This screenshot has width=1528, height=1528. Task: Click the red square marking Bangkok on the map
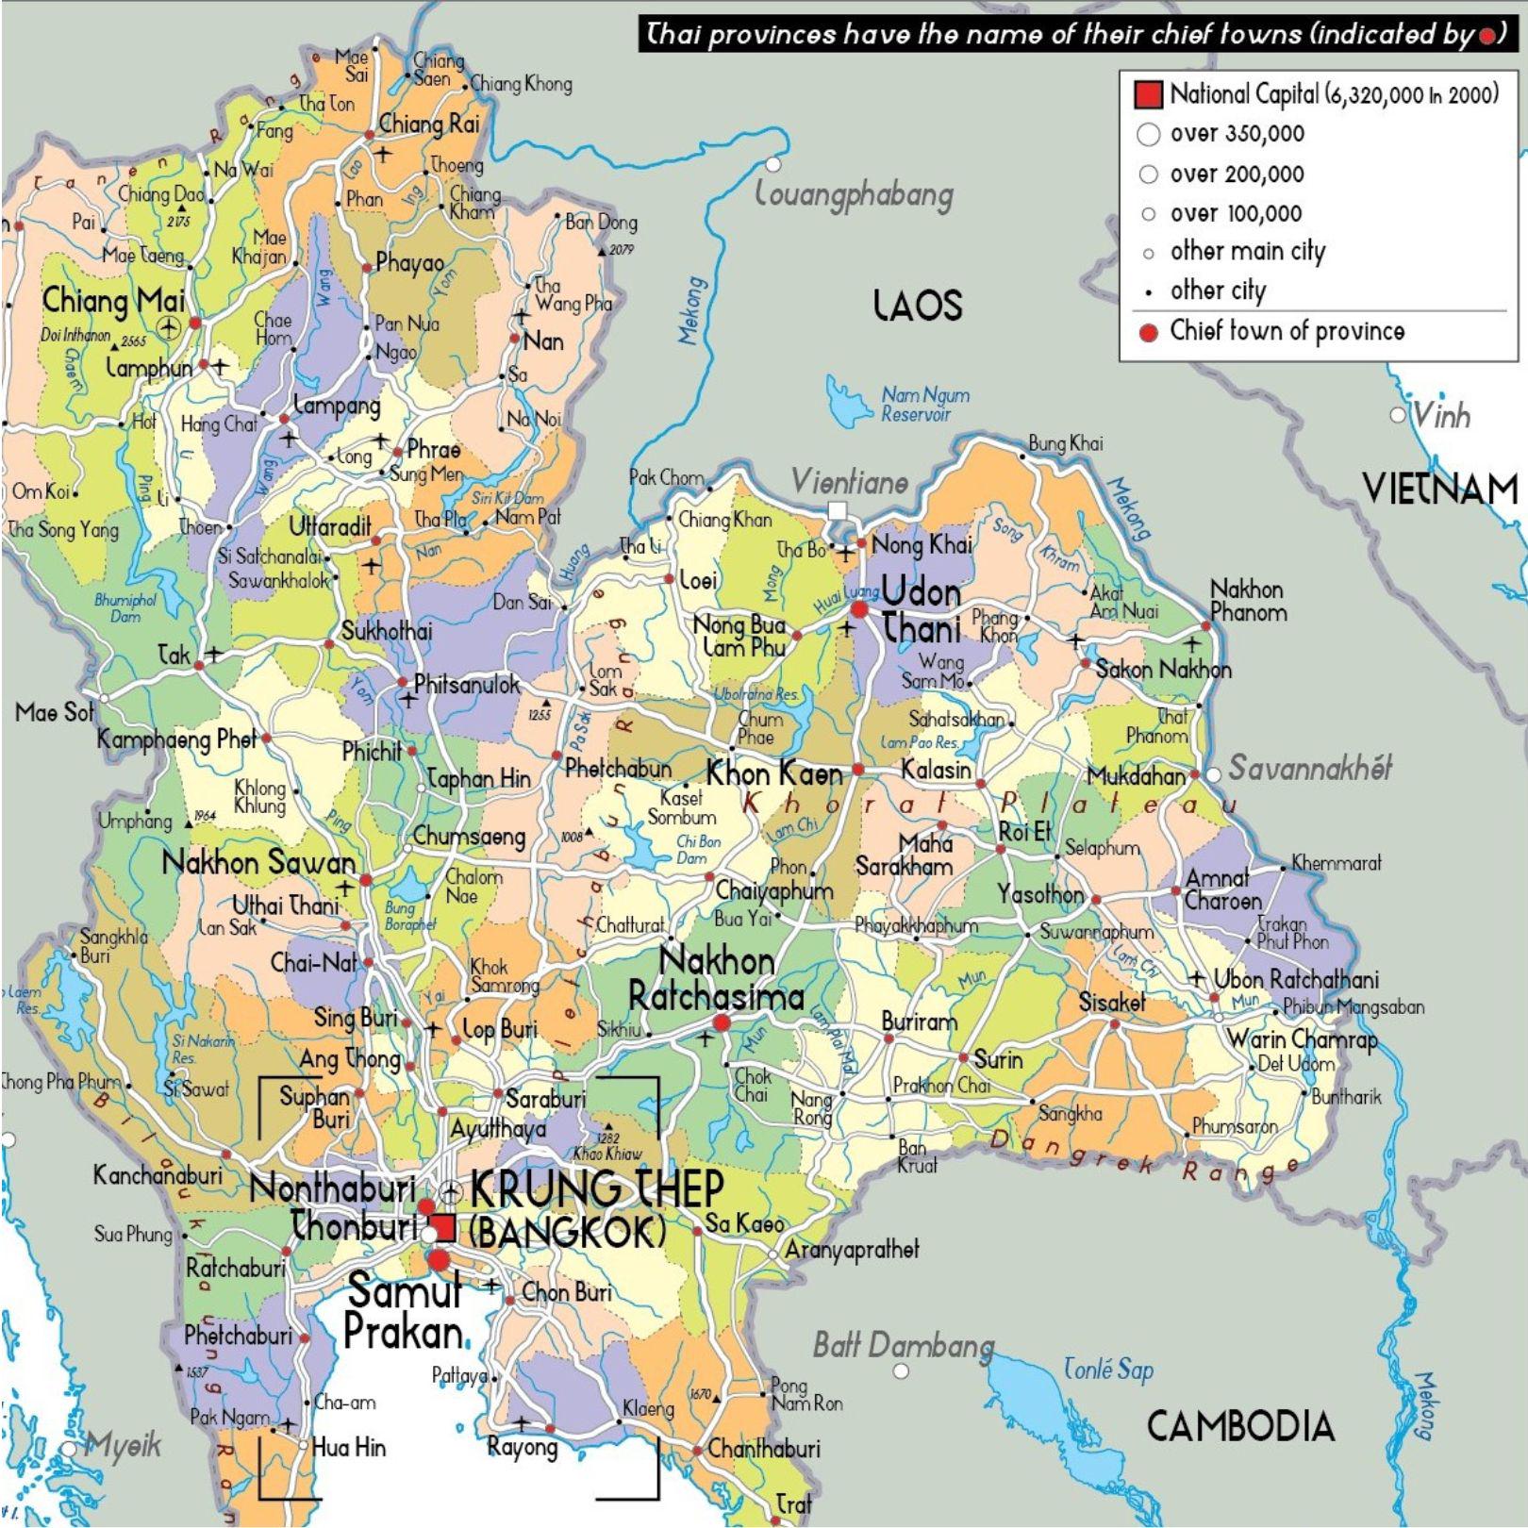(442, 1228)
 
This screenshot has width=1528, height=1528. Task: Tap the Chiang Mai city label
(114, 302)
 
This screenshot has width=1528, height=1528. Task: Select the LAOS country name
(917, 306)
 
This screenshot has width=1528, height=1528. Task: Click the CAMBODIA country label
(1240, 1426)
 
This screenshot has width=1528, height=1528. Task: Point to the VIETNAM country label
(1440, 489)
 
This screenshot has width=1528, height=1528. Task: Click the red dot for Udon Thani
(859, 610)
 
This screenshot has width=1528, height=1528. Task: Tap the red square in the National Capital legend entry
(1148, 94)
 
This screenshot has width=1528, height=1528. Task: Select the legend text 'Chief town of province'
(1287, 331)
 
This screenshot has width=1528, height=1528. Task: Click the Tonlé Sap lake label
(1108, 1370)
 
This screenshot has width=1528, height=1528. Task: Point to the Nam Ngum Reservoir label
(924, 404)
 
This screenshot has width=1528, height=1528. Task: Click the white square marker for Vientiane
(837, 510)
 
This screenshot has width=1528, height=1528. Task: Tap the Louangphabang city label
(855, 195)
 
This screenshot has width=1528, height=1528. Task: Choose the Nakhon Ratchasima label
(717, 979)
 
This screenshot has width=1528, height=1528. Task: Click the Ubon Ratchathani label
(1296, 979)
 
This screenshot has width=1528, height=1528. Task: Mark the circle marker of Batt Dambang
(902, 1370)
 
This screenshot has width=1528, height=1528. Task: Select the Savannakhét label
(1310, 769)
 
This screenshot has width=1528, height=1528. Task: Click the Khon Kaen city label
(774, 774)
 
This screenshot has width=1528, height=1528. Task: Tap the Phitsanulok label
(467, 685)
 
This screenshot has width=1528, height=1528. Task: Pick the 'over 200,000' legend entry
(1237, 174)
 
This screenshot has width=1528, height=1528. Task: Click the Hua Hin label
(348, 1447)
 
